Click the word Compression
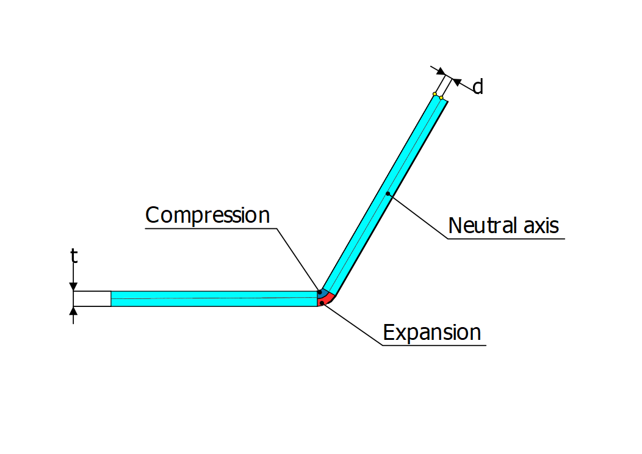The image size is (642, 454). click(x=207, y=215)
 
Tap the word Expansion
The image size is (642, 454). click(x=432, y=333)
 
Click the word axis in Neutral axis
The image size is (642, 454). click(x=539, y=226)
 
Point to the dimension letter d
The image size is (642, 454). click(x=478, y=87)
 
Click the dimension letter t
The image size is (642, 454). click(x=74, y=256)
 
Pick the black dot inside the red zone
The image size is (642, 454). click(x=322, y=303)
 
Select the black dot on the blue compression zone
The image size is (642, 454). click(x=320, y=292)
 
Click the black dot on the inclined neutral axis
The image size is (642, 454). click(x=388, y=194)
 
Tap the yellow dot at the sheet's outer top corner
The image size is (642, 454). click(x=435, y=94)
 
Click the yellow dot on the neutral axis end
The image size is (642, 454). click(x=441, y=98)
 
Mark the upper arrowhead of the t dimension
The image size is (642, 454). click(x=73, y=286)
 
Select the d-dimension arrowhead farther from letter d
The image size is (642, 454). click(x=440, y=71)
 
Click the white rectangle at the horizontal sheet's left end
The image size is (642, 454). click(x=92, y=298)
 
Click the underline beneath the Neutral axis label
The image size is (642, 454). click(x=507, y=239)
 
